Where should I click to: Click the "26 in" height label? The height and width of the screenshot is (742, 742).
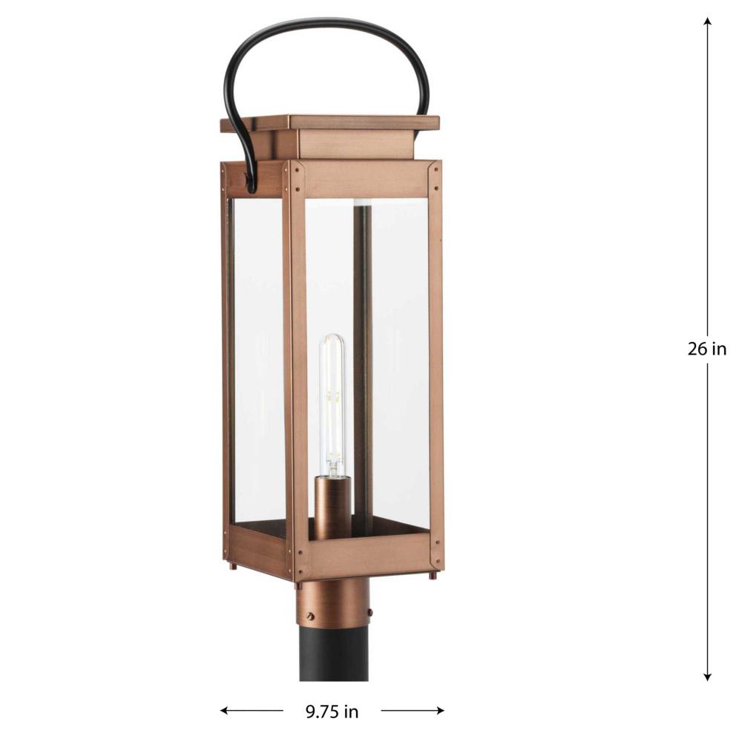707,349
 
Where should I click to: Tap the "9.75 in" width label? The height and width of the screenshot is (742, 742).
332,712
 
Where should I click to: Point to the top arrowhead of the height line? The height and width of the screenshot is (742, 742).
707,22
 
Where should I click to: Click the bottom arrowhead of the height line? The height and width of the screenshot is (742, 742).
707,677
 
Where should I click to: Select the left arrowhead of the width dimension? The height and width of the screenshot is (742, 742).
225,710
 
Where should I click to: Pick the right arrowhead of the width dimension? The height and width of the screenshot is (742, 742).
440,710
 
